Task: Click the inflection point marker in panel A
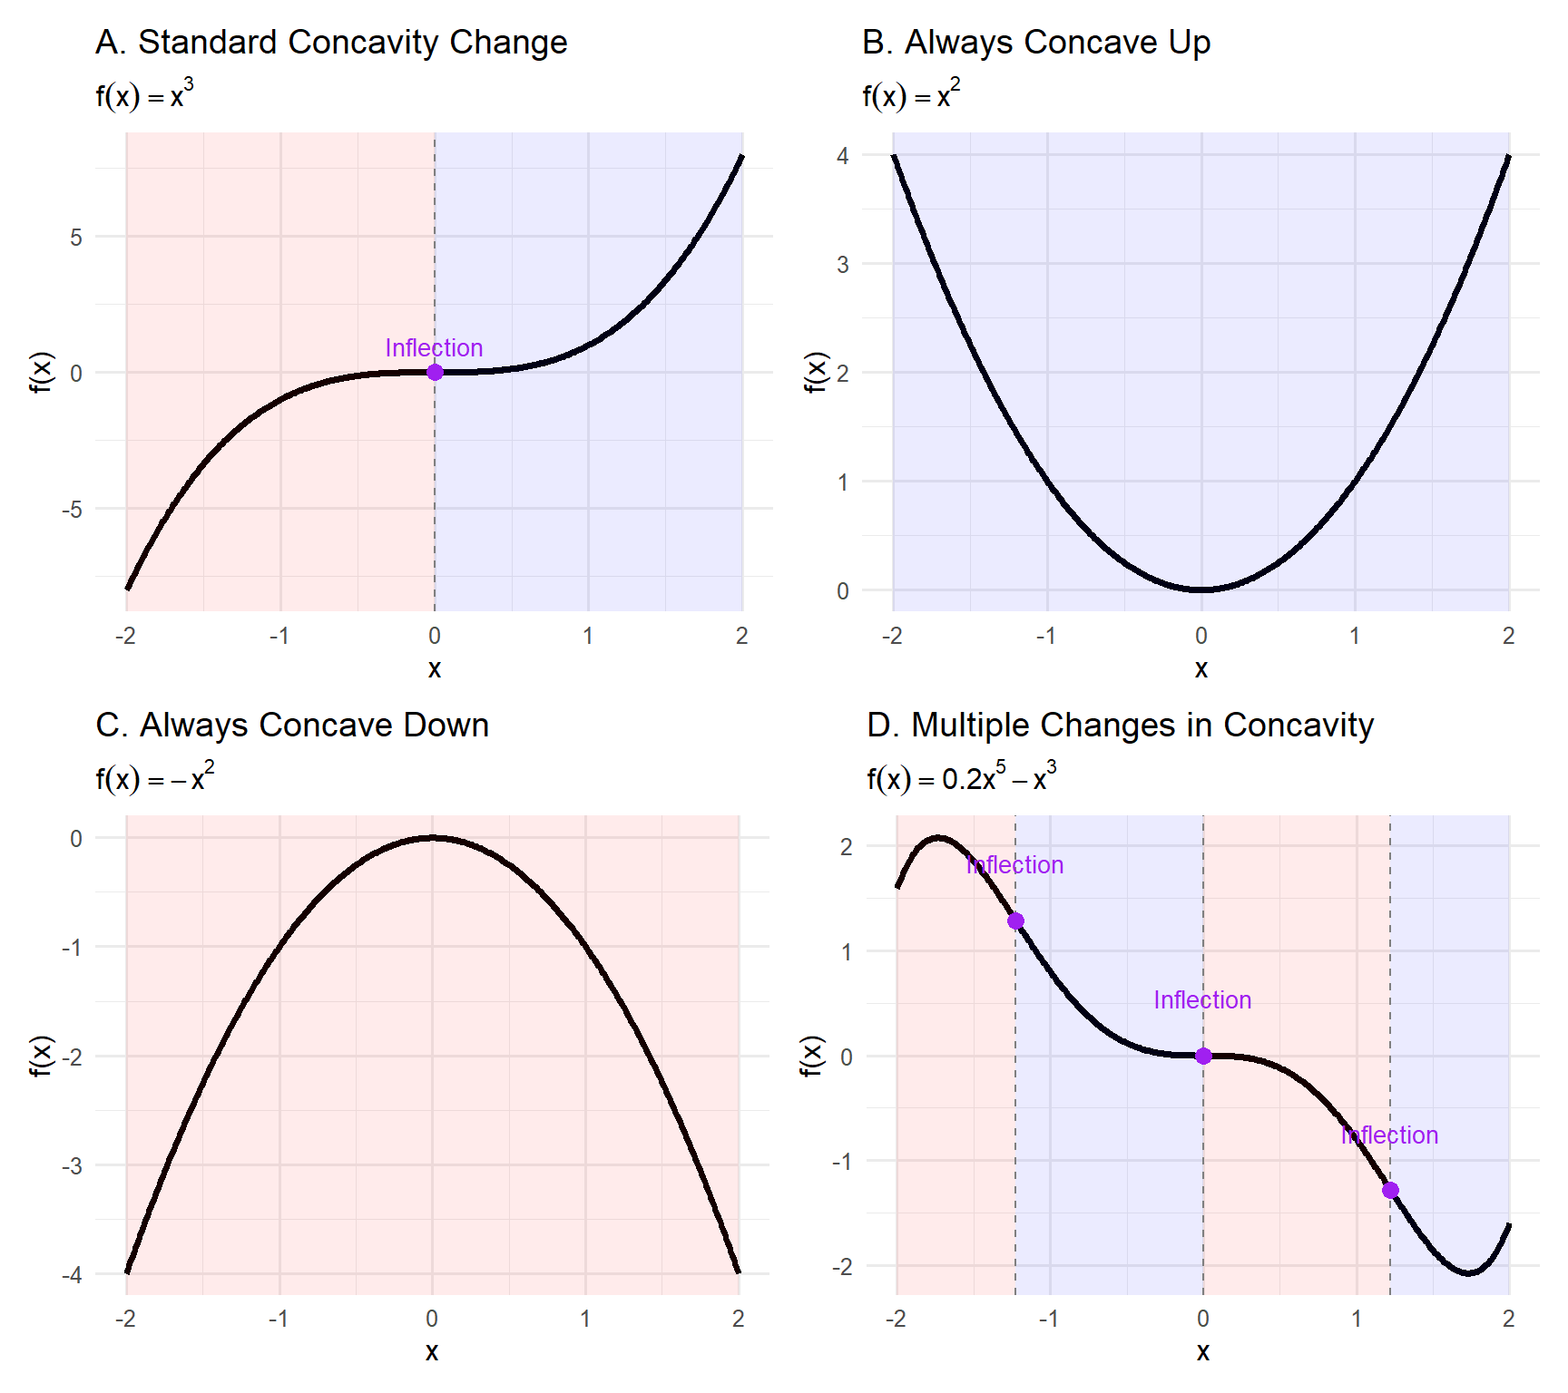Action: coord(435,372)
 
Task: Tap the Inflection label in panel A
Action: coord(434,348)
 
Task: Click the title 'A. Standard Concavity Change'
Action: coord(331,43)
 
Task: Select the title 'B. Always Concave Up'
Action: coord(1035,43)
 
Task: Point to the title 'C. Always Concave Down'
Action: coord(292,726)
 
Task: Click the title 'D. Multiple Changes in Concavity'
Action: coord(1120,726)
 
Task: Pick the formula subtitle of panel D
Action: coord(961,778)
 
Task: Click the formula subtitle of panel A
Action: coord(144,95)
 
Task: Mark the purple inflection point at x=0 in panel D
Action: coord(1203,1056)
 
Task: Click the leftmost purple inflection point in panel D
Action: coord(1015,921)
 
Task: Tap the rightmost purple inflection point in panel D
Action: coord(1390,1190)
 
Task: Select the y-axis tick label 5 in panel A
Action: coord(76,238)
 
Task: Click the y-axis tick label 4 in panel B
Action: coord(843,156)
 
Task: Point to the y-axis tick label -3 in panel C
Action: coord(72,1165)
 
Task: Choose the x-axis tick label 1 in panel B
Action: coord(1355,636)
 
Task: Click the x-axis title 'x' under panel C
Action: coord(432,1351)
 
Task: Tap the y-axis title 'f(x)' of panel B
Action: coord(816,372)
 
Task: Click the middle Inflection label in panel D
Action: coord(1202,1000)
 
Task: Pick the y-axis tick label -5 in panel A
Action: coord(72,510)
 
